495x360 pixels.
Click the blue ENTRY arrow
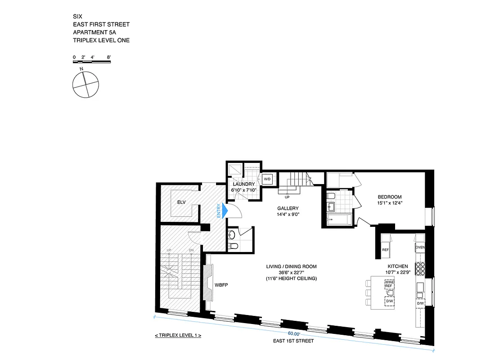[x=225, y=211]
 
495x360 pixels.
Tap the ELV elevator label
[x=181, y=202]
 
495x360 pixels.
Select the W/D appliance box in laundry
[x=267, y=179]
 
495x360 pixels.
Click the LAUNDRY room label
[x=244, y=184]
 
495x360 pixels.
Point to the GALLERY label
[x=288, y=208]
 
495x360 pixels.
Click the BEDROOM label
[x=389, y=197]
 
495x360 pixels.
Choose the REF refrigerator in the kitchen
[x=386, y=249]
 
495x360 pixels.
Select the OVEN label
[x=420, y=247]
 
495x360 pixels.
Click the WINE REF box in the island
[x=389, y=284]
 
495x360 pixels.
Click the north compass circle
[x=85, y=84]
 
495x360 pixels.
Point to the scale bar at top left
[x=92, y=62]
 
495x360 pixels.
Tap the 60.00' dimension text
[x=294, y=333]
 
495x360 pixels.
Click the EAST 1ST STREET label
[x=293, y=341]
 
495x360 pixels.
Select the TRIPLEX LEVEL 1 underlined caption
[x=177, y=336]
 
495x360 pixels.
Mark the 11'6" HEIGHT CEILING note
[x=291, y=279]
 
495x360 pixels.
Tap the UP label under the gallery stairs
[x=287, y=197]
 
